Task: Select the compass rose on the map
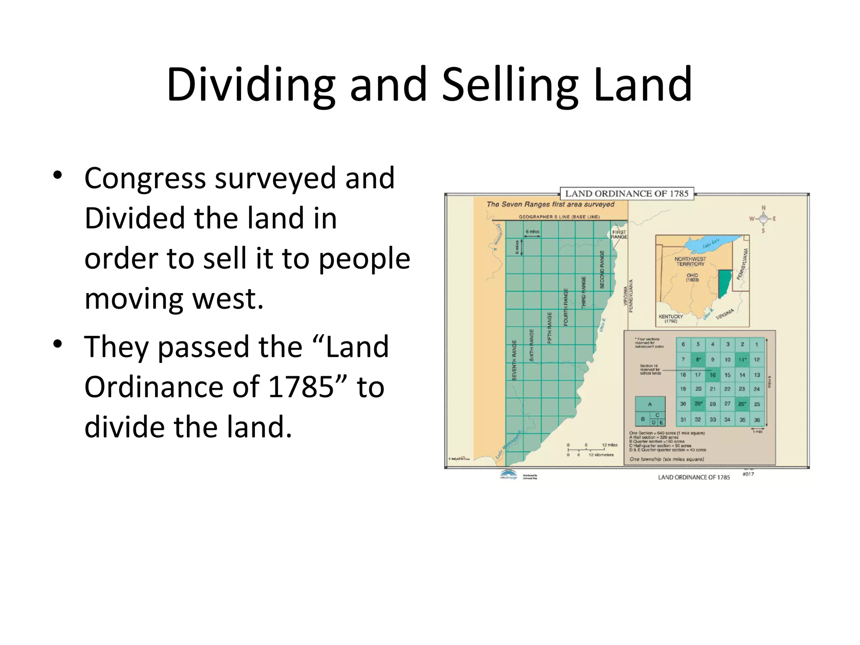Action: coord(763,219)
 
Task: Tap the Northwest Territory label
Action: coord(690,262)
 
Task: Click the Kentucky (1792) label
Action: coord(671,319)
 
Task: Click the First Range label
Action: coord(619,234)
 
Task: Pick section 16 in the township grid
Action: coord(713,375)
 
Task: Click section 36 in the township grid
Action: coord(757,420)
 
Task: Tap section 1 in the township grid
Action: coord(757,344)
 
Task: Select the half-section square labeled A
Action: coord(650,404)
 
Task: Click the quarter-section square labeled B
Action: coord(642,419)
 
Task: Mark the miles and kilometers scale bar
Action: coord(592,450)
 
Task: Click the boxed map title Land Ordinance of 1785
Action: coord(627,194)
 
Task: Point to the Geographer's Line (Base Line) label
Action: coord(559,217)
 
